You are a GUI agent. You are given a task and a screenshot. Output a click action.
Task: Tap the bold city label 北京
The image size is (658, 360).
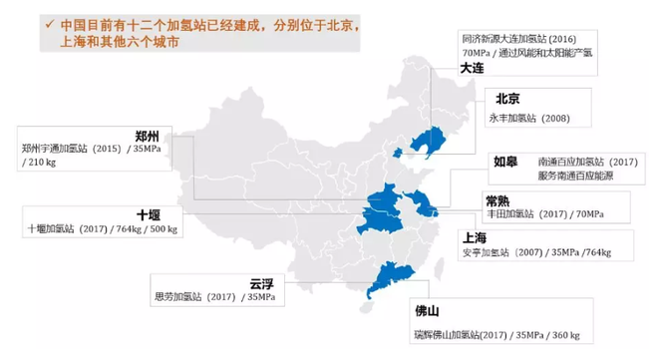[x=508, y=99]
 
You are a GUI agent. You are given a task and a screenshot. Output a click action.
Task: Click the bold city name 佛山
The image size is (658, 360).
[x=428, y=310]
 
